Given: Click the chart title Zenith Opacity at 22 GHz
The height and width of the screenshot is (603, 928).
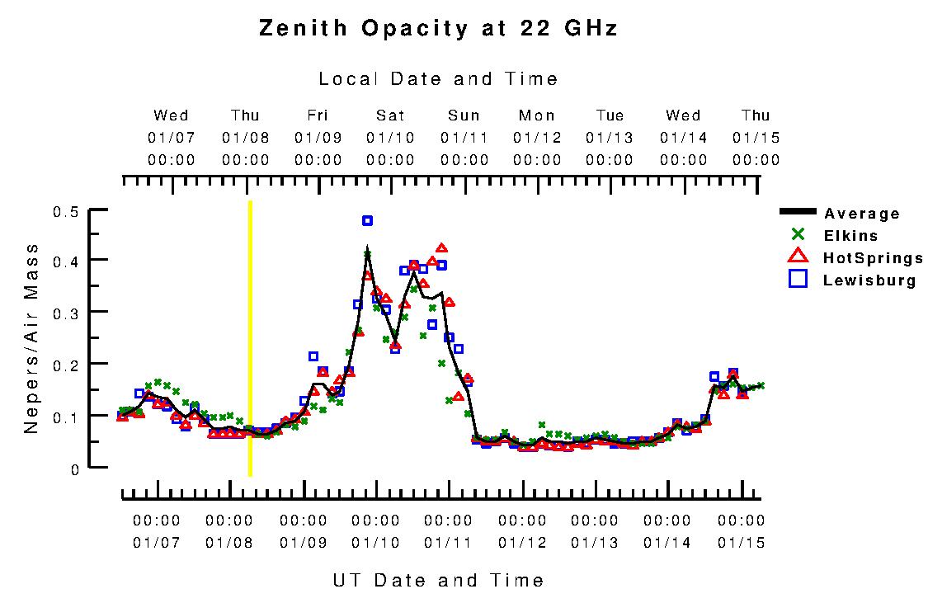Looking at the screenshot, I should click(x=438, y=29).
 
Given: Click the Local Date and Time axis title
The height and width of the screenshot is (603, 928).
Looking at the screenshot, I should click(x=438, y=79).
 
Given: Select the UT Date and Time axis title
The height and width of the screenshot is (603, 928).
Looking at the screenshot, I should click(x=438, y=580).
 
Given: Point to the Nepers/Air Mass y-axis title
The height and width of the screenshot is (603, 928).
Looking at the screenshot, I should click(x=31, y=338).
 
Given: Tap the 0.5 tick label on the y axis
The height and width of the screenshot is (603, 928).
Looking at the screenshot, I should click(x=65, y=212).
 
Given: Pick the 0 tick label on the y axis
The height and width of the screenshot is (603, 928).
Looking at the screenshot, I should click(x=74, y=469).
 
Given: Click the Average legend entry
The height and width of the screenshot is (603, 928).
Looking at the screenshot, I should click(x=861, y=214).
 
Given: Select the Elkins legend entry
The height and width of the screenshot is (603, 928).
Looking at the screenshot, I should click(x=850, y=236).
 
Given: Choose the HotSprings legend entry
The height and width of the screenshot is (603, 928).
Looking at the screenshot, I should click(x=872, y=258).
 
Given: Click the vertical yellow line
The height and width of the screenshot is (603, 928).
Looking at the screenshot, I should click(x=250, y=338).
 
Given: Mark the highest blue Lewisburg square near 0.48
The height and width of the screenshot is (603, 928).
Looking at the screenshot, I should click(x=367, y=220).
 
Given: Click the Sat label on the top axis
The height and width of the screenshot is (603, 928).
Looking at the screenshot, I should click(x=391, y=115).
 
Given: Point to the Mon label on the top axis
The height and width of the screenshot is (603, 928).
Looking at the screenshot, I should click(x=537, y=115).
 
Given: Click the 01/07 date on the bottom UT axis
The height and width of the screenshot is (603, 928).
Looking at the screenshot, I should click(x=156, y=543).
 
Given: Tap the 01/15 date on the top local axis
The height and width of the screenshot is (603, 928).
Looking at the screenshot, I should click(x=756, y=138).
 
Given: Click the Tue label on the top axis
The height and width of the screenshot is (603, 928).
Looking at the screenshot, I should click(x=610, y=115).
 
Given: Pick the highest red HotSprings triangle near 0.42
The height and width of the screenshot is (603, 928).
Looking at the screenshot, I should click(x=441, y=248).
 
